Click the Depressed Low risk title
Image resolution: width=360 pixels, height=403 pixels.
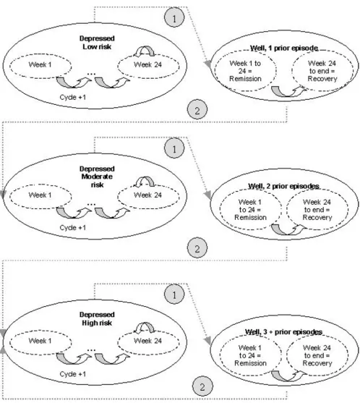[97, 43]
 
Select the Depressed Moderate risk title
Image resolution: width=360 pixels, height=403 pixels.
[97, 177]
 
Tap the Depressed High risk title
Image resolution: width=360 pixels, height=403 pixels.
[97, 318]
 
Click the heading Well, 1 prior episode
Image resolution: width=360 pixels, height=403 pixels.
[284, 48]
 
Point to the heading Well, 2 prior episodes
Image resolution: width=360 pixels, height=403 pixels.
[284, 186]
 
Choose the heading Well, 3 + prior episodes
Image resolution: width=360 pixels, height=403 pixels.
[283, 332]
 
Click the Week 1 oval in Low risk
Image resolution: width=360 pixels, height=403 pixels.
[40, 66]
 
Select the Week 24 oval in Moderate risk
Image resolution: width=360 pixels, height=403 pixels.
[148, 196]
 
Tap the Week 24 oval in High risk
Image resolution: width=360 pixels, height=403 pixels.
[148, 342]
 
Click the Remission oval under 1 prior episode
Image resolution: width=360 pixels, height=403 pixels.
[246, 71]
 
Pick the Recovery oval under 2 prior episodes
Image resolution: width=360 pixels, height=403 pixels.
[317, 210]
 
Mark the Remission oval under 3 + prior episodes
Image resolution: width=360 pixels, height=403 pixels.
[251, 355]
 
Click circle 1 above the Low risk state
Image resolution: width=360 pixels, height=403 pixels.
[174, 18]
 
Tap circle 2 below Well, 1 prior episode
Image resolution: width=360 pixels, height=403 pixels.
[197, 110]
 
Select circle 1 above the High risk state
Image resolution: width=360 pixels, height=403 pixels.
[174, 294]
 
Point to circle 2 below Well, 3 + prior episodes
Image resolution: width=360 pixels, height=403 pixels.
[202, 386]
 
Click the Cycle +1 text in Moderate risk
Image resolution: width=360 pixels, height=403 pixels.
[73, 228]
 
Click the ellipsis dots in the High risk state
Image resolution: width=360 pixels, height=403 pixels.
[91, 350]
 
